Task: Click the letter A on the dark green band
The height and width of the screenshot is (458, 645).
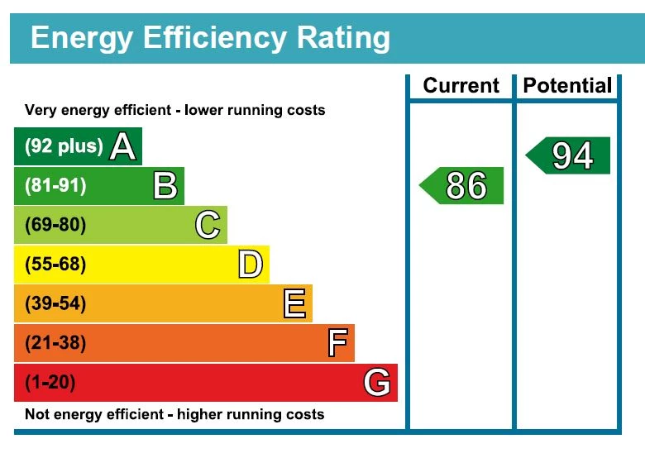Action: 122,146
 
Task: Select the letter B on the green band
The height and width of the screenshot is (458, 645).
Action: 165,186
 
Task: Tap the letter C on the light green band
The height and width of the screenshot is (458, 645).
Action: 208,225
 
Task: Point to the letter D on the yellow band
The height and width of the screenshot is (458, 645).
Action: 250,265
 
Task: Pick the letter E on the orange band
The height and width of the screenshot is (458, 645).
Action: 294,303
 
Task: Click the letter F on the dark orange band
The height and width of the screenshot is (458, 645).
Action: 337,342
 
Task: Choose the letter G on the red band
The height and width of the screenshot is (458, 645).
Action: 377,383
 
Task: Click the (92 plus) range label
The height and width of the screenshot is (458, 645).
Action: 64,146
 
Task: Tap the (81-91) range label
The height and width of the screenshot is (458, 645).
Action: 55,186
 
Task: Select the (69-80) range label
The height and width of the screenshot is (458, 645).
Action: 55,225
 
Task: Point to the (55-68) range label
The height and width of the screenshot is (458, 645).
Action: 55,265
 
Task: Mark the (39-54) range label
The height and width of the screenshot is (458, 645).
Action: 55,303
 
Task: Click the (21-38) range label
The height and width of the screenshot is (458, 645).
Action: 55,342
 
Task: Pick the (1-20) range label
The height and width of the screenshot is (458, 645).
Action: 50,383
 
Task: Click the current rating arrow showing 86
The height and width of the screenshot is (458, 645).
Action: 463,186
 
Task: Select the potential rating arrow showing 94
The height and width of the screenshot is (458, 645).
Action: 570,155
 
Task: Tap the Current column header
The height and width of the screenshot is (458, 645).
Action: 461,86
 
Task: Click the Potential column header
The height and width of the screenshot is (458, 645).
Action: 567,86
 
